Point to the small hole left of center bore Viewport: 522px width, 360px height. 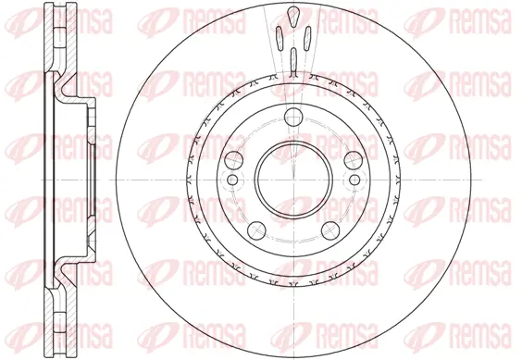point(233,180)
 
